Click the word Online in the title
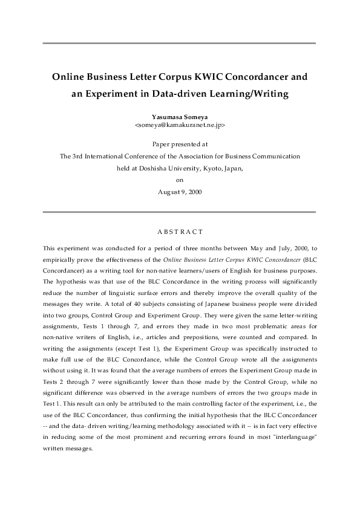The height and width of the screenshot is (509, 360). [x=68, y=77]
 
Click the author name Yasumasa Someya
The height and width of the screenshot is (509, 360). [x=179, y=115]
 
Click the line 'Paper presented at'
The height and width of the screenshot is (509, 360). [x=180, y=144]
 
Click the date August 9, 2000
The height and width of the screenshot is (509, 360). [x=180, y=192]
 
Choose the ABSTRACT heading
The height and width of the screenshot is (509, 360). [x=180, y=232]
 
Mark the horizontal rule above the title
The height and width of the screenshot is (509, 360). [x=180, y=44]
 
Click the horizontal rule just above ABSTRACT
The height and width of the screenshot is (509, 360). [x=180, y=212]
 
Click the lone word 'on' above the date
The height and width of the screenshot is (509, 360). [x=180, y=180]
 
